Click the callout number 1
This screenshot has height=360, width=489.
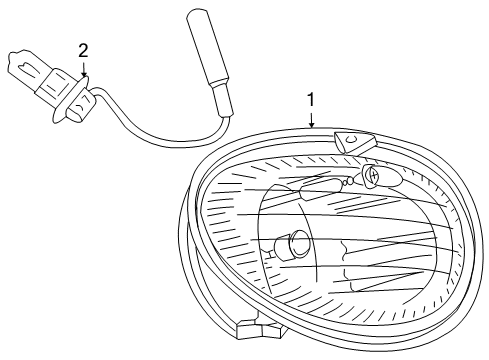tap(311, 100)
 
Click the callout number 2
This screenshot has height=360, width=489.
tap(83, 49)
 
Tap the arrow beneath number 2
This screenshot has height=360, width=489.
tap(84, 68)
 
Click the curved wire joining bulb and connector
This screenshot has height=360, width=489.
tap(160, 128)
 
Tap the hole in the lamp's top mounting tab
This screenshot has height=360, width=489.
tap(350, 138)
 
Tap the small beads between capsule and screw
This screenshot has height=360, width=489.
tap(352, 180)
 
